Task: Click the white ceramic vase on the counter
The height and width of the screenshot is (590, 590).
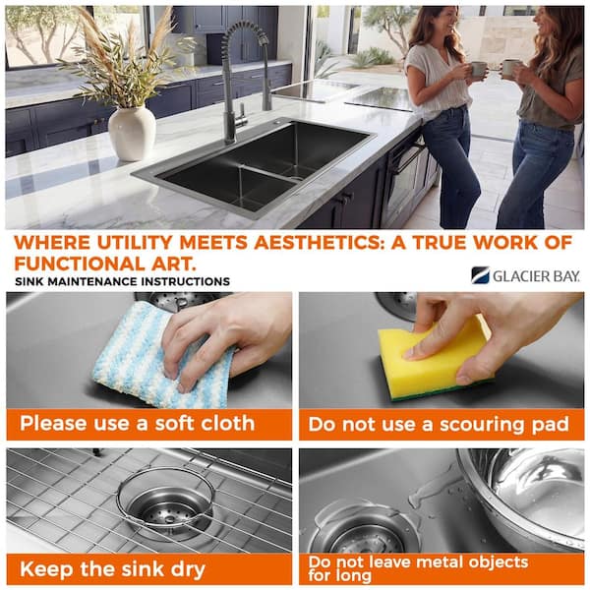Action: point(132,134)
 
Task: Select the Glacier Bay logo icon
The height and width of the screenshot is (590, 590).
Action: point(480,275)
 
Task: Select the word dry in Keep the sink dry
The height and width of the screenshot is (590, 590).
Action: point(188,570)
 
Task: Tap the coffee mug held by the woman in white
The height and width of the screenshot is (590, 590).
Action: point(478,69)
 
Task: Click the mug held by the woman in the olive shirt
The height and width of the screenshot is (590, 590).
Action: point(508,69)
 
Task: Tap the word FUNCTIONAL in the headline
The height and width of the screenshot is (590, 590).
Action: point(77,264)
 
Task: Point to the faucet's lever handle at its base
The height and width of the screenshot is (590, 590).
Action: point(243,115)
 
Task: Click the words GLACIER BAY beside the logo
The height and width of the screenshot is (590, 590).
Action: point(536,276)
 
